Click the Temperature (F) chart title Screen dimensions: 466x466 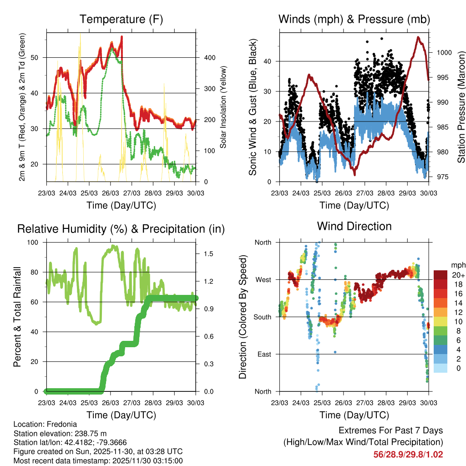click(121, 19)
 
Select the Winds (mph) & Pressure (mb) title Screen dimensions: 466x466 click(354, 19)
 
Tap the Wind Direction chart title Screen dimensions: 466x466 click(354, 226)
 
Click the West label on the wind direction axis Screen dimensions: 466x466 click(263, 279)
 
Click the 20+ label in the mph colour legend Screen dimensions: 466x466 click(458, 275)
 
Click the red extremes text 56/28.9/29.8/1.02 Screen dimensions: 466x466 click(408, 454)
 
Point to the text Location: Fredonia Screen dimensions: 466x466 click(44, 424)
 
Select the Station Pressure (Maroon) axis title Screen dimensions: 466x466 click(461, 104)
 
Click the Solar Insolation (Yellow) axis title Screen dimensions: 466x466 click(223, 107)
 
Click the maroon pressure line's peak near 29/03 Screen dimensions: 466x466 click(417, 37)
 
